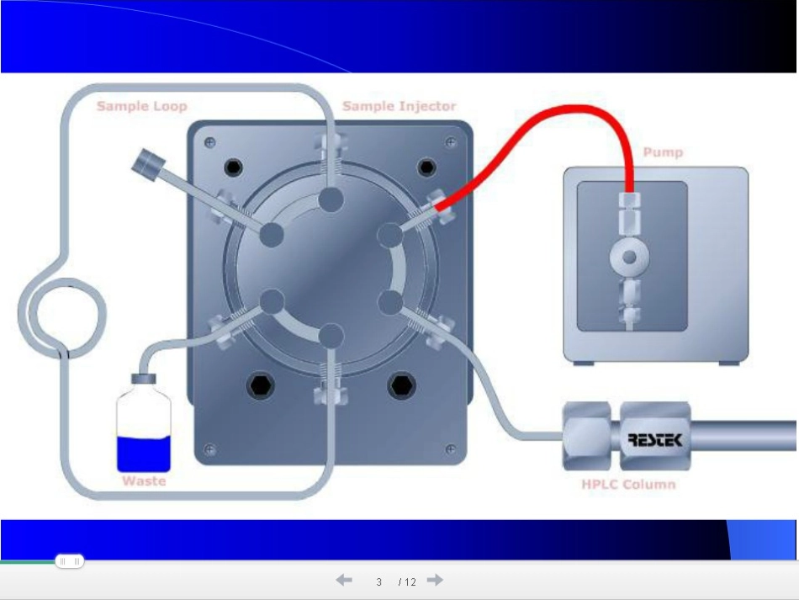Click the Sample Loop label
pyautogui.click(x=141, y=106)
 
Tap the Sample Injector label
pyautogui.click(x=399, y=106)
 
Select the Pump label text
pyautogui.click(x=663, y=152)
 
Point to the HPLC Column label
pyautogui.click(x=628, y=484)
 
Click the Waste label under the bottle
pyautogui.click(x=144, y=481)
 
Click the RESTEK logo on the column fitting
pyautogui.click(x=655, y=439)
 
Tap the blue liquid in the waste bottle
pyautogui.click(x=144, y=454)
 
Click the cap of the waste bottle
pyautogui.click(x=144, y=379)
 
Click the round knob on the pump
pyautogui.click(x=629, y=257)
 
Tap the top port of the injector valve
pyautogui.click(x=331, y=199)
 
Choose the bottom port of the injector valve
pyautogui.click(x=331, y=337)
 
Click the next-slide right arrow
pyautogui.click(x=435, y=580)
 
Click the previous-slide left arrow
pyautogui.click(x=344, y=580)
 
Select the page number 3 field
pyautogui.click(x=378, y=581)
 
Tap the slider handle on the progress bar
pyautogui.click(x=69, y=561)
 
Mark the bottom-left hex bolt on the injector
pyautogui.click(x=261, y=386)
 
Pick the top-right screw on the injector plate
pyautogui.click(x=451, y=142)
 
